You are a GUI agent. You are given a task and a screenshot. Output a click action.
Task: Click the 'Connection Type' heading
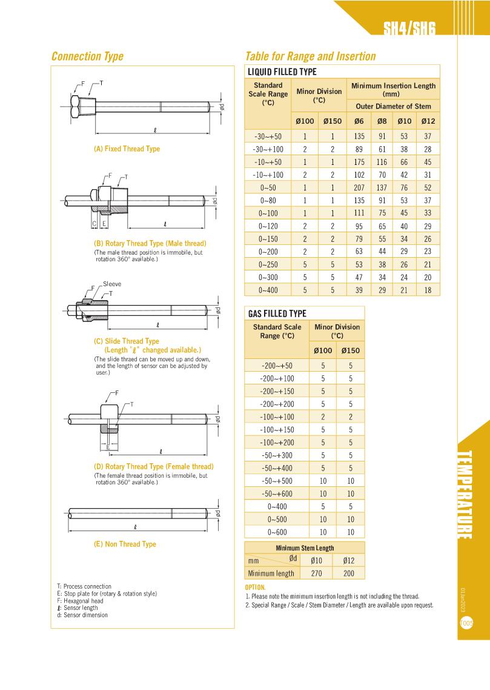click(87, 56)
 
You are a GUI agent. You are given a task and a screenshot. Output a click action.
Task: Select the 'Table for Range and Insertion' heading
click(310, 56)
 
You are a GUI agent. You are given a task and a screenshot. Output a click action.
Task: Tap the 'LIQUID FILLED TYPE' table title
click(282, 72)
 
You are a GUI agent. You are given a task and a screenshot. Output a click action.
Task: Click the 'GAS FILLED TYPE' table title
click(277, 313)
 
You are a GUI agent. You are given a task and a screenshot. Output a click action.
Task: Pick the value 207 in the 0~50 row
click(359, 187)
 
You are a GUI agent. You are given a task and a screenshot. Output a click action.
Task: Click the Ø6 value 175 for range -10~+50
click(359, 162)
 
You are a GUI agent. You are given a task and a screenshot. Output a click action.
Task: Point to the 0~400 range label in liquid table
click(268, 290)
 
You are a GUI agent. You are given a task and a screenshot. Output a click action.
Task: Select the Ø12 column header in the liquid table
click(428, 121)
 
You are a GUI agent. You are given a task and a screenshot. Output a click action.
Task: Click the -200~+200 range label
click(277, 404)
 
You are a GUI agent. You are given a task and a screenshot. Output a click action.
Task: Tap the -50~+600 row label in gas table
click(277, 494)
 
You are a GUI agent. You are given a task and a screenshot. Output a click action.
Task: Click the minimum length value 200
click(348, 573)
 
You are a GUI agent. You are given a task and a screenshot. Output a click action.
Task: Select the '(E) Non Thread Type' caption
click(125, 544)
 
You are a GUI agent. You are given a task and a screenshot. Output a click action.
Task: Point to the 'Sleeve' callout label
click(112, 284)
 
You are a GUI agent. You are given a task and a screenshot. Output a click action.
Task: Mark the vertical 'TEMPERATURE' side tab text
click(465, 495)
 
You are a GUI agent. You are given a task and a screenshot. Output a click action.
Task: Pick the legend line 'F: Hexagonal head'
click(80, 601)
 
